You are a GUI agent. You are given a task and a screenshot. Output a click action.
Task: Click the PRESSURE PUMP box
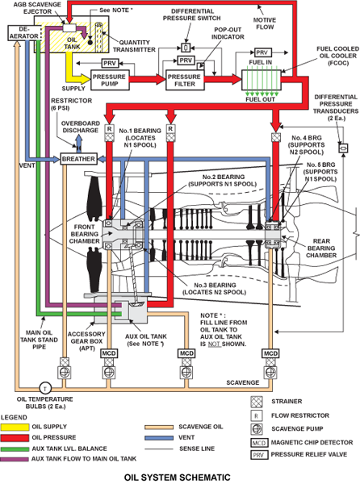[110, 80]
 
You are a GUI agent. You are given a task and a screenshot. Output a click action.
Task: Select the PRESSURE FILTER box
[185, 80]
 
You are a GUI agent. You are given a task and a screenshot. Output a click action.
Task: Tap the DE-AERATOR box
[24, 33]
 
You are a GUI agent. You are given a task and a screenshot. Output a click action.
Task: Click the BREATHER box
[78, 159]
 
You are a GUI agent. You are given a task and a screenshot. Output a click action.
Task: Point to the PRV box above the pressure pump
[110, 63]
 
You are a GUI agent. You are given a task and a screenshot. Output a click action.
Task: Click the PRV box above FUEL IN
[262, 52]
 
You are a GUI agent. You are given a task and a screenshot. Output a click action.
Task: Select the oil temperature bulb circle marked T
[45, 387]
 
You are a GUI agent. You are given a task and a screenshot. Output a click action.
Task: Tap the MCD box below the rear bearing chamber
[270, 353]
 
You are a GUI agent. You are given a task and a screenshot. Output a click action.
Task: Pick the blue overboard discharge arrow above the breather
[79, 144]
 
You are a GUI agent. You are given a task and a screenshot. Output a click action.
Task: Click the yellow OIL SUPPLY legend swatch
[15, 428]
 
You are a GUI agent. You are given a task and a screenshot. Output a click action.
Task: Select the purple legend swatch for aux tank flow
[15, 459]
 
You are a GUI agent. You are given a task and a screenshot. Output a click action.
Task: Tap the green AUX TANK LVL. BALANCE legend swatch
[15, 449]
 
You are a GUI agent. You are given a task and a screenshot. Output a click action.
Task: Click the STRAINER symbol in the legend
[257, 402]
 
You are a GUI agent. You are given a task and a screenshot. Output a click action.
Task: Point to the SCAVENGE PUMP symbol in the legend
[257, 429]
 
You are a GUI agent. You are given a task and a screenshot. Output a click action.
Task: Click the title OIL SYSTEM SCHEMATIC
[178, 478]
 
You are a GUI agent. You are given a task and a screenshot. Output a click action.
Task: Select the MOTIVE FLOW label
[265, 23]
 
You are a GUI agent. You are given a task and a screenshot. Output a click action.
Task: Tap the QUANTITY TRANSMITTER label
[134, 46]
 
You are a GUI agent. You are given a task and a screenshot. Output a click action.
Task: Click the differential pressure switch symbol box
[186, 48]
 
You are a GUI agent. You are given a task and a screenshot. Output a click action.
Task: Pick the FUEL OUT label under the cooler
[260, 99]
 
